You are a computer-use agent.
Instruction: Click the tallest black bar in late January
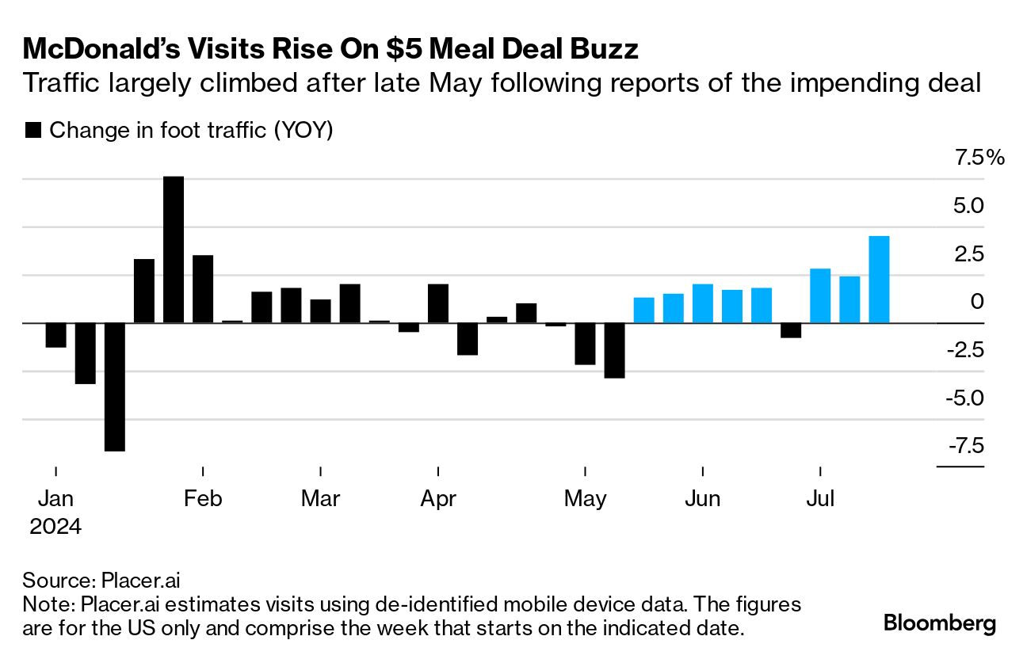point(174,250)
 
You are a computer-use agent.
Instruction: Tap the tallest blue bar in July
point(879,280)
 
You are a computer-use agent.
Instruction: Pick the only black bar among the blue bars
point(791,330)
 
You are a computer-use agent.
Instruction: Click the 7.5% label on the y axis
point(979,158)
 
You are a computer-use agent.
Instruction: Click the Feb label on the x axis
point(204,499)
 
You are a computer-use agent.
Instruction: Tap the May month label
point(585,499)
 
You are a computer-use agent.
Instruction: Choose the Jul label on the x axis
point(820,499)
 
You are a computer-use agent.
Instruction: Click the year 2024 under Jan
point(55,527)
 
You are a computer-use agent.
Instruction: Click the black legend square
point(33,131)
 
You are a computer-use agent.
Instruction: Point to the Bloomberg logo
point(939,623)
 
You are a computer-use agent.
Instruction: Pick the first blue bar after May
point(644,310)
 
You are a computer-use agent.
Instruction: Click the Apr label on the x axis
point(438,499)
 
